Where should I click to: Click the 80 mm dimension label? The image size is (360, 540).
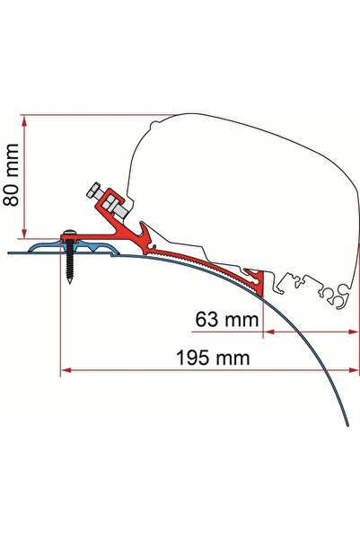coord(11,174)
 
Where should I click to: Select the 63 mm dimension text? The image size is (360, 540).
coord(227,319)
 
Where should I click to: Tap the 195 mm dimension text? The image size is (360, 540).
coord(213,358)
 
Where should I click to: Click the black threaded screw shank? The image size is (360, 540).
coord(70,260)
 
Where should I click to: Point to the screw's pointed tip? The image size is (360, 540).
coord(70,283)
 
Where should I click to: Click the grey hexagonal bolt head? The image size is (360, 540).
coord(92,190)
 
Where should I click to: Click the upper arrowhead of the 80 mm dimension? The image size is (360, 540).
coord(24,120)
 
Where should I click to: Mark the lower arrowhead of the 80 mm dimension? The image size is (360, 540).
coord(24,233)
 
